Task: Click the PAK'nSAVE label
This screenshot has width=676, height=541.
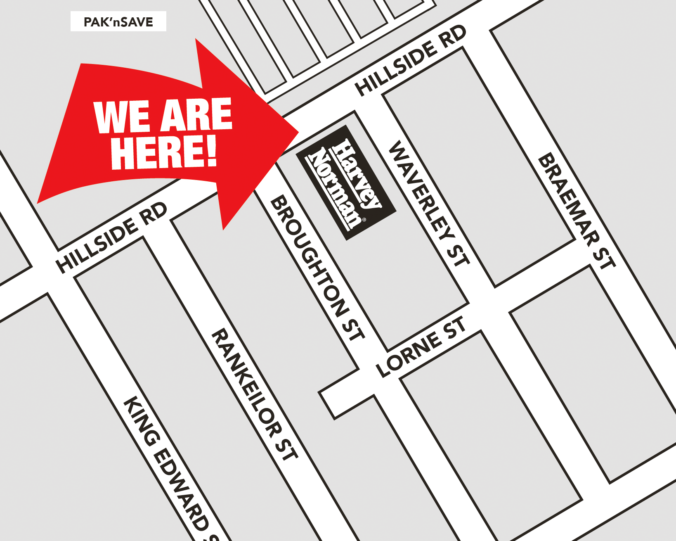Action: tap(118, 21)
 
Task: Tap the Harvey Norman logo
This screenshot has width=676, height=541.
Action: tap(346, 183)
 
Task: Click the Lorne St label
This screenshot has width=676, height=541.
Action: tap(421, 347)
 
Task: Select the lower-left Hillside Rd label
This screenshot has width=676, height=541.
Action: tap(111, 238)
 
